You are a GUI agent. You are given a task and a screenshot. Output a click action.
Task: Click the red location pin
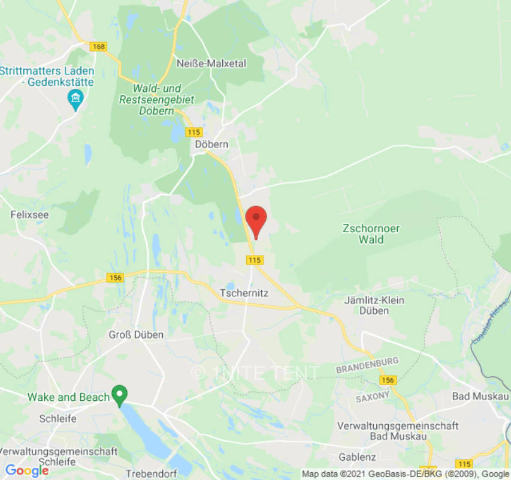(256, 220)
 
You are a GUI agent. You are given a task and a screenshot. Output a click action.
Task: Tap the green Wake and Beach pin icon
(120, 395)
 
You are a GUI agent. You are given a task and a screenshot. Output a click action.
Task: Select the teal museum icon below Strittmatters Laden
(75, 99)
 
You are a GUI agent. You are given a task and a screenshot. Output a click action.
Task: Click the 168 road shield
(97, 46)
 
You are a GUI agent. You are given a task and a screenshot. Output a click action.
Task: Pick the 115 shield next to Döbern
(193, 132)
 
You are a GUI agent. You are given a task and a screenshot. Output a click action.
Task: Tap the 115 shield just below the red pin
(255, 260)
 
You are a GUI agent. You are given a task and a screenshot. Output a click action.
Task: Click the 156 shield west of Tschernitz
(114, 278)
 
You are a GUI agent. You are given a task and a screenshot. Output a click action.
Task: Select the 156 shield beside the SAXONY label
(388, 380)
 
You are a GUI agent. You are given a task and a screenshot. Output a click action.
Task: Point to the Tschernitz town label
(244, 293)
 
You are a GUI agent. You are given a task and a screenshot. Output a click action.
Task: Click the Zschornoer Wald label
(371, 234)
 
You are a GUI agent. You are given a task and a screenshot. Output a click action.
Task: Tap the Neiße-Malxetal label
(211, 63)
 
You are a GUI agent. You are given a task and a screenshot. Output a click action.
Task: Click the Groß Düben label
(136, 335)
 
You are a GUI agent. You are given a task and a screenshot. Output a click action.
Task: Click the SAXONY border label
(373, 397)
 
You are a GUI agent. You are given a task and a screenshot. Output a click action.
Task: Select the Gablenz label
(357, 457)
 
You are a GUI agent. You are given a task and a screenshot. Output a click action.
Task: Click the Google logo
(26, 470)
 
